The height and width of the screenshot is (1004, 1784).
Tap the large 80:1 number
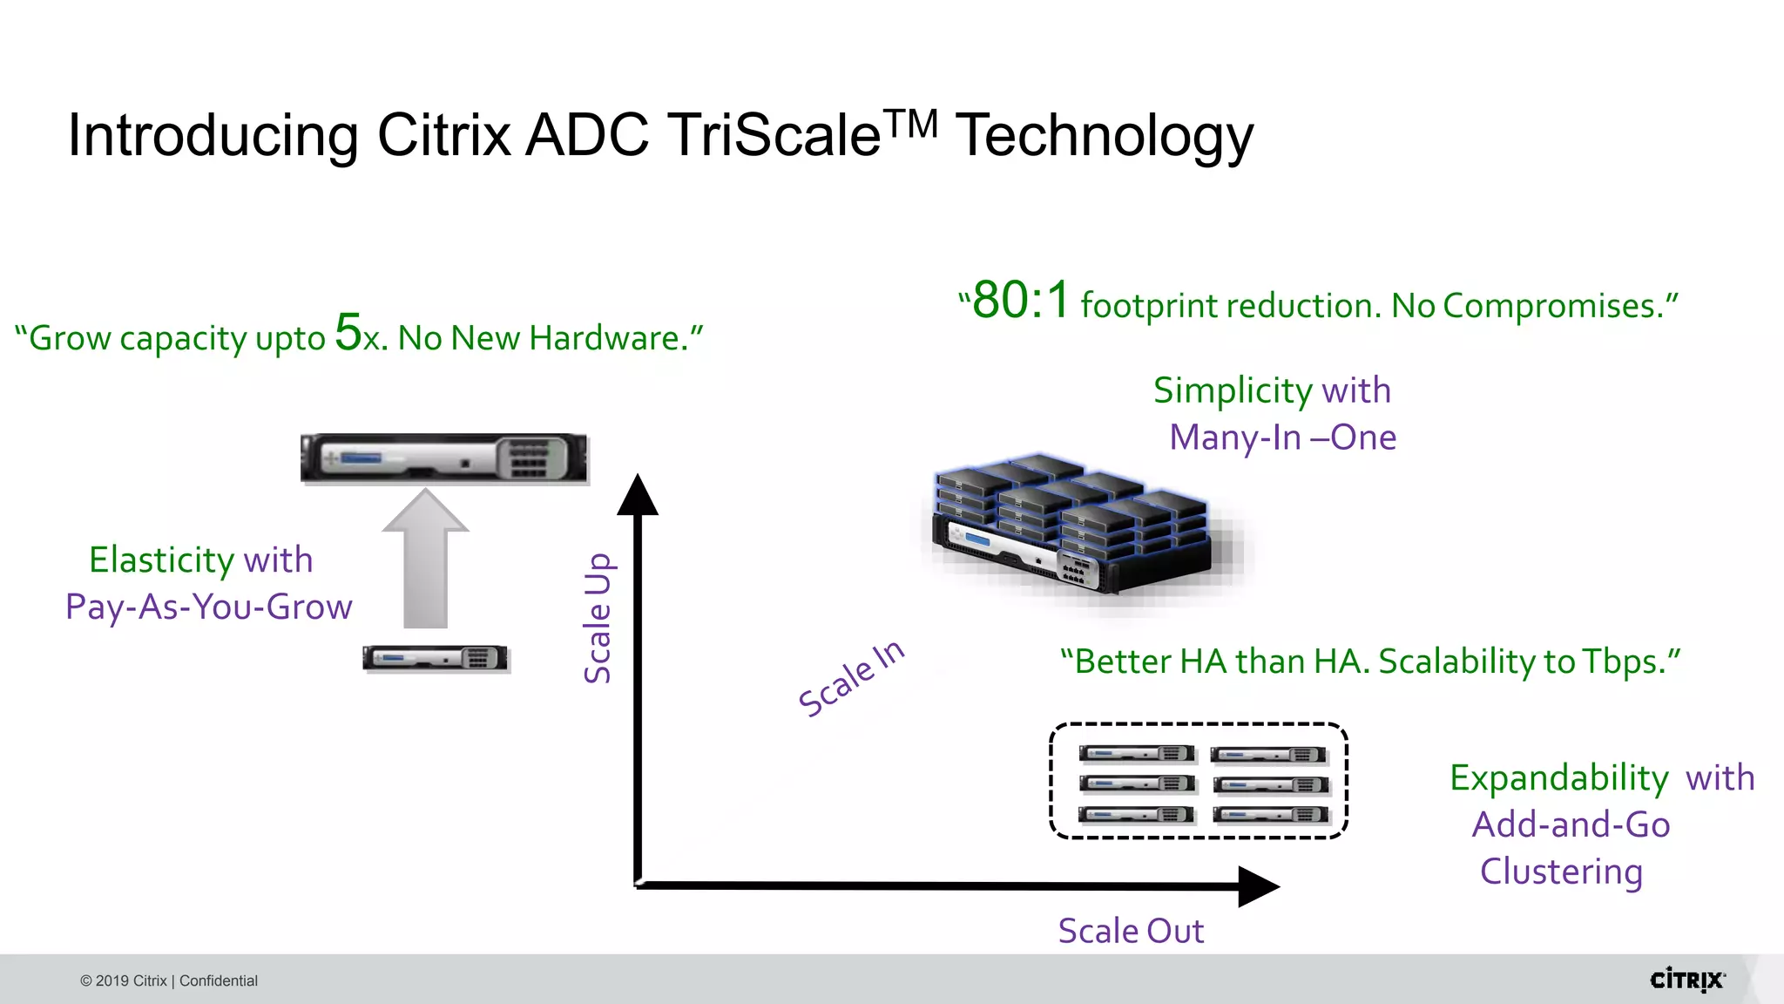point(1020,301)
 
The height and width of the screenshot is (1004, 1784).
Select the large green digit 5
point(348,332)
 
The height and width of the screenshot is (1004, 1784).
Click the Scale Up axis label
point(598,618)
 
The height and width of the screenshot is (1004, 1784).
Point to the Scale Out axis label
point(1131,931)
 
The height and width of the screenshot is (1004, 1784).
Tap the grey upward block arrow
point(425,559)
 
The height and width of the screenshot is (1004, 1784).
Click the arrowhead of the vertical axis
point(638,495)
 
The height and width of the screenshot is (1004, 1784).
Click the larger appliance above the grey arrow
point(443,458)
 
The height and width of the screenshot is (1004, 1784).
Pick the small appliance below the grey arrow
point(436,658)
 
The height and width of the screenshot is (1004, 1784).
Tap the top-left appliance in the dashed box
point(1136,754)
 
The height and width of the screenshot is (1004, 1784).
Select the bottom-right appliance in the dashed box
point(1271,815)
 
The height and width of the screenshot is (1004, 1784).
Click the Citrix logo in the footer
point(1687,980)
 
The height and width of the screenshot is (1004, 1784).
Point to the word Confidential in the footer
point(219,980)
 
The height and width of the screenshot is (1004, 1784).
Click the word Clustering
point(1561,872)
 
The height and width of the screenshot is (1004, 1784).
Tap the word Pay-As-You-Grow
point(209,607)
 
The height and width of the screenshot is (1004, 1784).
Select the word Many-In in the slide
point(1234,438)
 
